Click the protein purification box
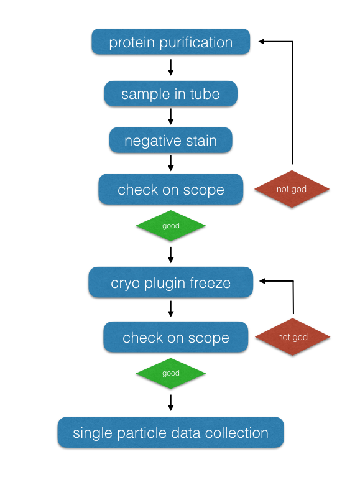(x=170, y=43)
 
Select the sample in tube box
(x=170, y=94)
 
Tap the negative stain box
(x=170, y=141)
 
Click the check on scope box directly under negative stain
(x=170, y=190)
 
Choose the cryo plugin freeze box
(x=170, y=283)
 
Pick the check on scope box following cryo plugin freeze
(x=175, y=338)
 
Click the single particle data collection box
(x=170, y=433)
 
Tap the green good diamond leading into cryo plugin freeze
(x=170, y=226)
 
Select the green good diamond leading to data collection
(x=170, y=373)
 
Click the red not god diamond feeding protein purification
(x=292, y=188)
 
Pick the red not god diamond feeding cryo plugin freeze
(x=293, y=337)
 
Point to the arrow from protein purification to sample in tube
(x=170, y=67)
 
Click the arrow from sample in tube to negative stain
(x=170, y=116)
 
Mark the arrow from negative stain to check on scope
(x=170, y=164)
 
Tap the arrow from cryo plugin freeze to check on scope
(x=170, y=308)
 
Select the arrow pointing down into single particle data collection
(x=170, y=402)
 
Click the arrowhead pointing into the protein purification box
(x=262, y=42)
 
